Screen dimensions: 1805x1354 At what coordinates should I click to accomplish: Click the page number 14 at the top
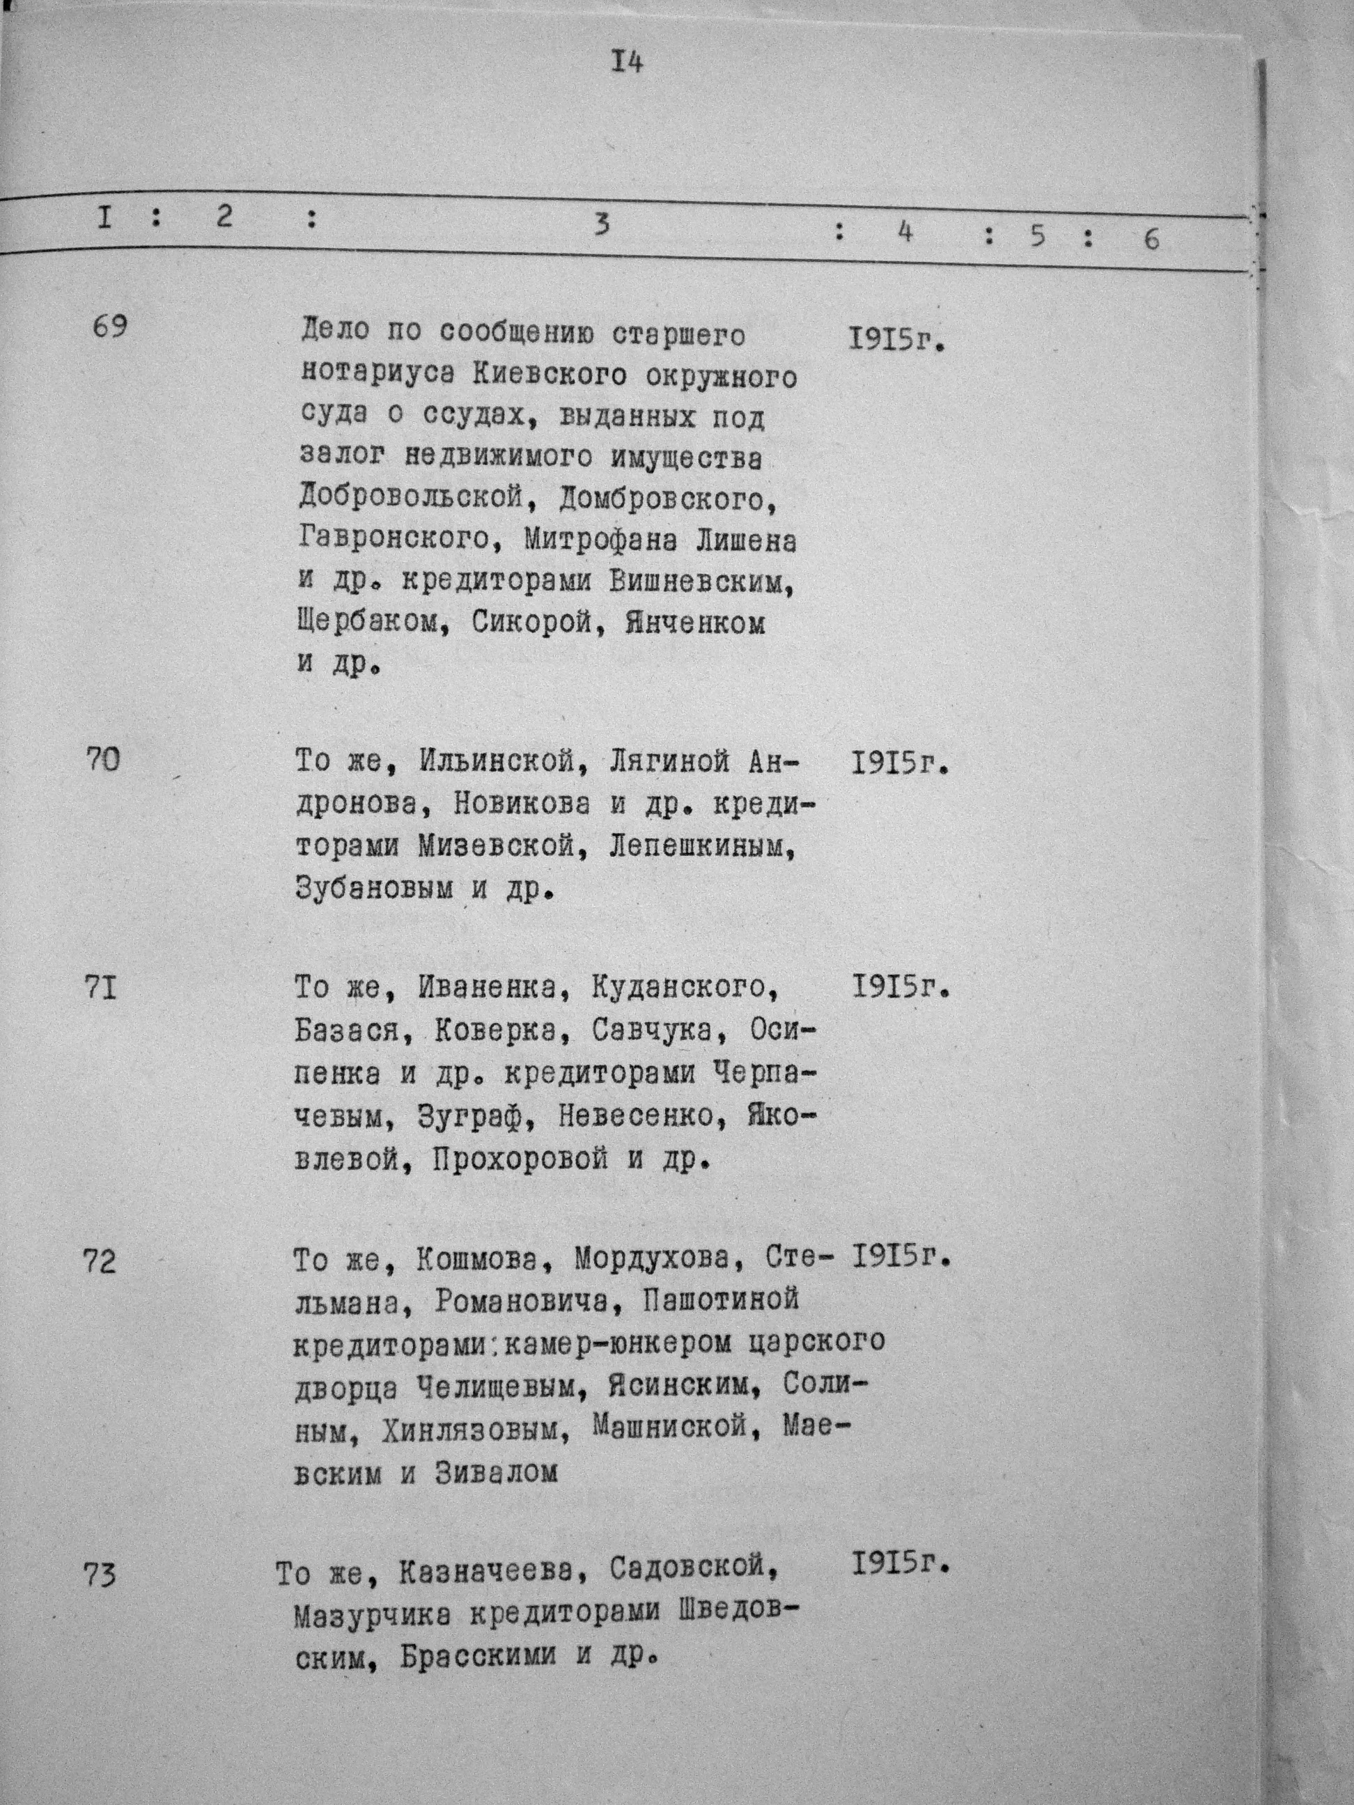click(626, 63)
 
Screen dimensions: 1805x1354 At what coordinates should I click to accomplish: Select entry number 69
click(109, 328)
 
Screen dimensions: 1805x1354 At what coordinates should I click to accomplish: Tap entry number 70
click(103, 760)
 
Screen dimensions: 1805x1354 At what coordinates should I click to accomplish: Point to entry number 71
click(101, 988)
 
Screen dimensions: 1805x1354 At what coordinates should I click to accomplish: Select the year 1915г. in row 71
click(900, 988)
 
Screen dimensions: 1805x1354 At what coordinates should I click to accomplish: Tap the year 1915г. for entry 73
click(900, 1564)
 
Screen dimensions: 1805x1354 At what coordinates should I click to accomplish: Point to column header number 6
click(1151, 239)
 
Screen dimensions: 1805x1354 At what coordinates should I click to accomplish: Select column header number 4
click(903, 233)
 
